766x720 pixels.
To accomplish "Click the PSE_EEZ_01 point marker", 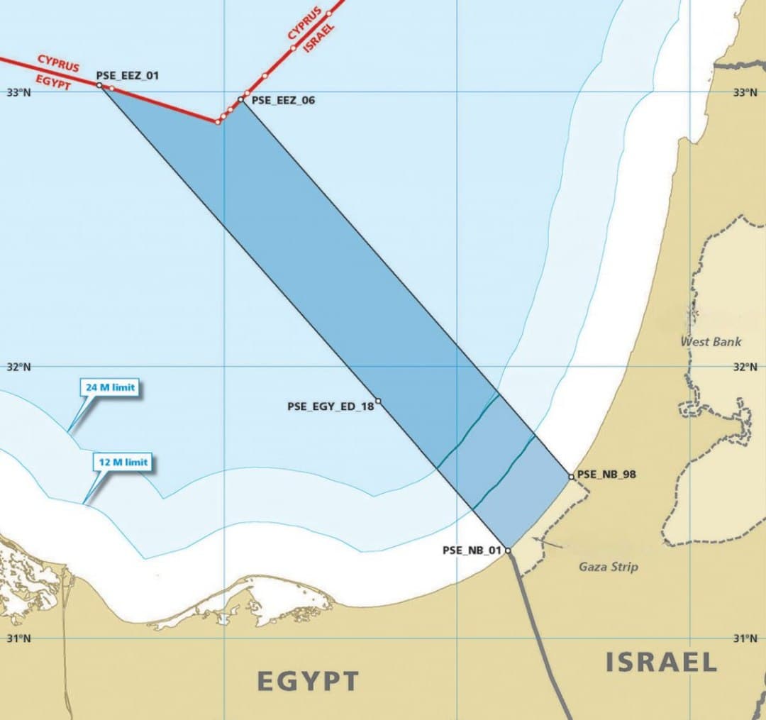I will point(99,85).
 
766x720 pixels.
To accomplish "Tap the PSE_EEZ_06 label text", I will point(284,101).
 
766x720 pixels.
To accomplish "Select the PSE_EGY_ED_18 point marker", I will point(378,401).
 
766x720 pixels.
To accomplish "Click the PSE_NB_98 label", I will point(606,475).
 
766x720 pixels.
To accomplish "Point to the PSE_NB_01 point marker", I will point(508,550).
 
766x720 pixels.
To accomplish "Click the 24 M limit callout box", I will point(111,388).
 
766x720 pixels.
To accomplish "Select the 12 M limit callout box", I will point(123,463).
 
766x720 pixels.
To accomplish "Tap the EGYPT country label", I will point(308,682).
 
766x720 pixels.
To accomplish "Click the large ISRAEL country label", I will point(661,663).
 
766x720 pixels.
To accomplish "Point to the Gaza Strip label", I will point(609,567).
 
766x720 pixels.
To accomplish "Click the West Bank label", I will point(711,342).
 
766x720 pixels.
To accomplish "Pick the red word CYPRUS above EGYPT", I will point(58,62).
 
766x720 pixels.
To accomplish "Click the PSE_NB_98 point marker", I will point(571,477).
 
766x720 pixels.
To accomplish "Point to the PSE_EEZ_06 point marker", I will point(241,99).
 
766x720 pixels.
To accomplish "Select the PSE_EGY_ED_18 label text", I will point(331,407).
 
